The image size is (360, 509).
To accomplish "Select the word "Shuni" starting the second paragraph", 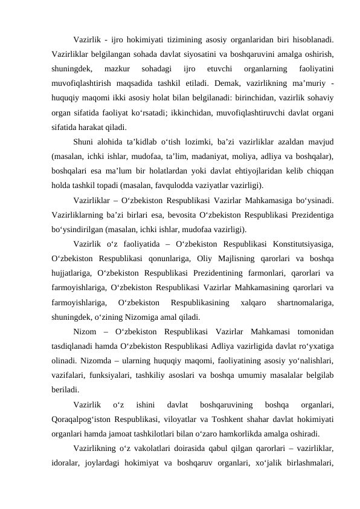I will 84,142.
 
